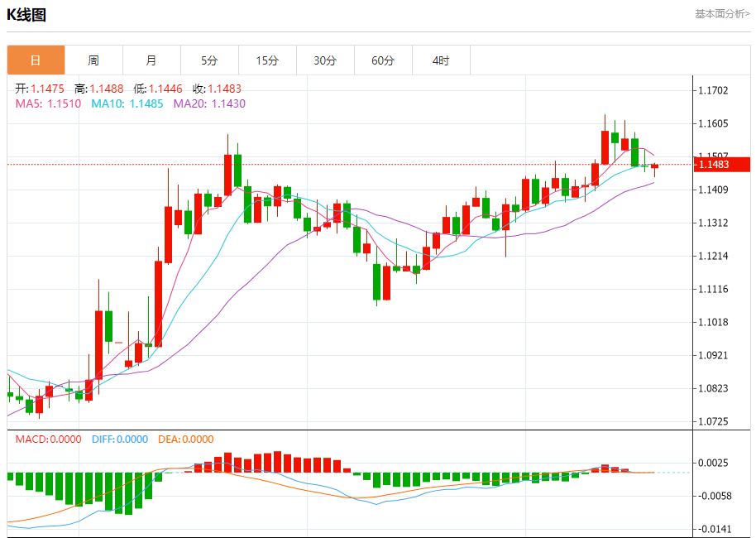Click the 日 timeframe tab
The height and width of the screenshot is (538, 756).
point(36,60)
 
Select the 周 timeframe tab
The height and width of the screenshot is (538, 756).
point(93,60)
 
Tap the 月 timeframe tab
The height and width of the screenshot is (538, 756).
point(151,60)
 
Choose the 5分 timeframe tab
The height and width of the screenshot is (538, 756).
point(209,60)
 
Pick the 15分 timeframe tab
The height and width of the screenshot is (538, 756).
point(267,60)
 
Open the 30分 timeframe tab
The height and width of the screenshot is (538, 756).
point(325,60)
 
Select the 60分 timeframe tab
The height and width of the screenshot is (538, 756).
point(383,60)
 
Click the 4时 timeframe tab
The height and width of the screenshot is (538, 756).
point(441,60)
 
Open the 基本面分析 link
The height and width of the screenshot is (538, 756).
point(722,14)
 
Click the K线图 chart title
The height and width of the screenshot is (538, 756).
point(27,15)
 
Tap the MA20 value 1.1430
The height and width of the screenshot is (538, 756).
point(228,103)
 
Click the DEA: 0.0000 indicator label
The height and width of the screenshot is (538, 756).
point(185,440)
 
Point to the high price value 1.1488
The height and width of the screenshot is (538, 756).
point(107,89)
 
